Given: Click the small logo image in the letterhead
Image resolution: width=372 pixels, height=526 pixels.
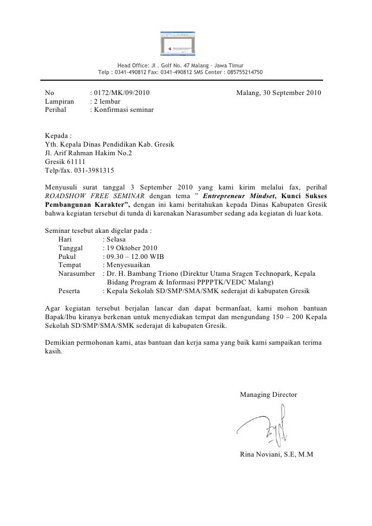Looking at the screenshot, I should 178,43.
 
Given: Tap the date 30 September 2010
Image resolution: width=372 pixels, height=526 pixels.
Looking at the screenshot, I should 285,93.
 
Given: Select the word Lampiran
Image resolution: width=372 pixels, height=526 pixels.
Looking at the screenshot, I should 59,102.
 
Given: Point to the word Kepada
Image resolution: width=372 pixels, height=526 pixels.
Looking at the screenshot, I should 57,136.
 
